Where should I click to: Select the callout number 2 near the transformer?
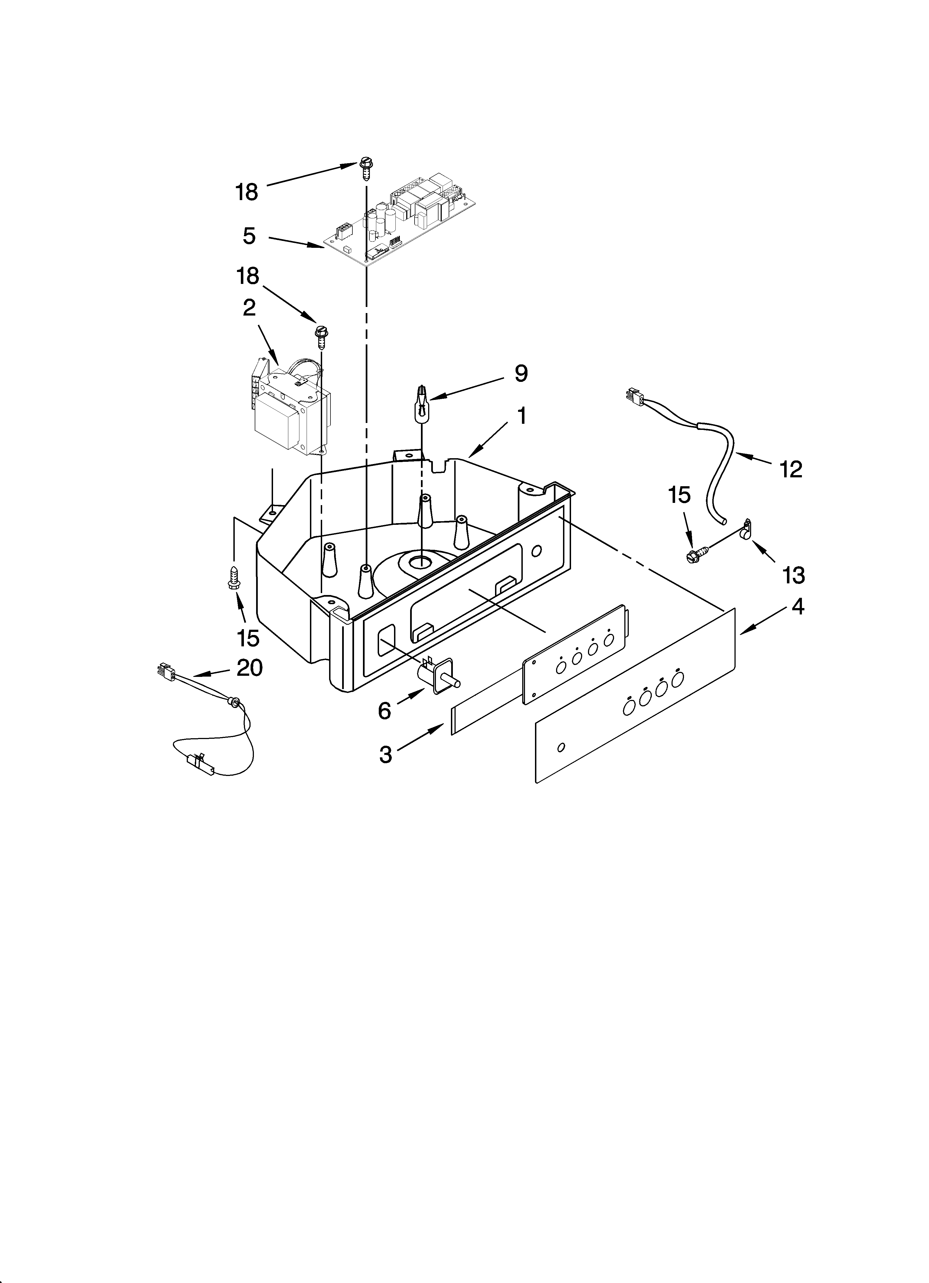tap(249, 308)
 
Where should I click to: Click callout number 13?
tap(794, 575)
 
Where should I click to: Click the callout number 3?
tap(385, 755)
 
